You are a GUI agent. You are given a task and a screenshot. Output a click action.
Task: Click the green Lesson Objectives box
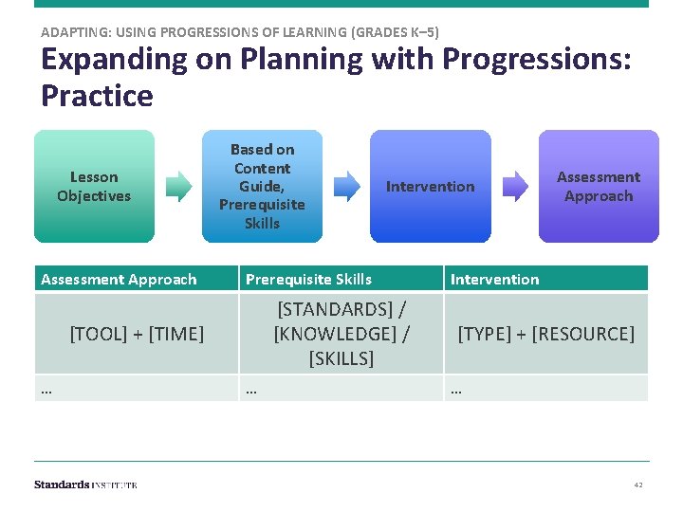94,186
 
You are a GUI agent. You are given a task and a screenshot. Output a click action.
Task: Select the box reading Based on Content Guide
262,186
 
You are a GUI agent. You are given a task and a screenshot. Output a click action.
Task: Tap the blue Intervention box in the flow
430,186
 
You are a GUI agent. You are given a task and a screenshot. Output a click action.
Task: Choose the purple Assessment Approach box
598,186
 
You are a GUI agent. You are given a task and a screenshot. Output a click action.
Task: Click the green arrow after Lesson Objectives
177,186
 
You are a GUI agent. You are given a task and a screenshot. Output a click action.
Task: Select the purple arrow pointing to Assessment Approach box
515,186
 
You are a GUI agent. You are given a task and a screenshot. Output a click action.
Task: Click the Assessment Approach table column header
120,279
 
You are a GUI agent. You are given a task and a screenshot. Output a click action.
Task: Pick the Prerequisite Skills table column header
309,279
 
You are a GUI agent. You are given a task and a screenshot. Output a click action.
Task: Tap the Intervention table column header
494,279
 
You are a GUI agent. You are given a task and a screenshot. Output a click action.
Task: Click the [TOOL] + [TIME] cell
137,334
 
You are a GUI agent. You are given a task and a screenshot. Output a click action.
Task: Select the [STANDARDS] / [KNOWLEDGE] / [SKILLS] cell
341,334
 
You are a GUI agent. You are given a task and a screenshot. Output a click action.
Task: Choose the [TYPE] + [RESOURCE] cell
546,334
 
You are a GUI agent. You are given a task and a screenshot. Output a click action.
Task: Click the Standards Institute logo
85,485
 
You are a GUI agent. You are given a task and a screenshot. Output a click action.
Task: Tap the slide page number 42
638,485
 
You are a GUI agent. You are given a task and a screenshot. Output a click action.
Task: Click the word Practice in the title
97,96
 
